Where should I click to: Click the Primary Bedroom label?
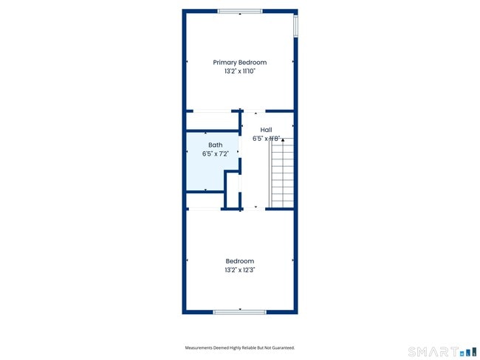(240, 63)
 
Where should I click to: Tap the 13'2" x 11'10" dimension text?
(240, 72)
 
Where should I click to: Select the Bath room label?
(215, 145)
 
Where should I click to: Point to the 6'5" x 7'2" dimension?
(215, 154)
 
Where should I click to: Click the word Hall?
(266, 130)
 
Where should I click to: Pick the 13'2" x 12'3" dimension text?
(240, 270)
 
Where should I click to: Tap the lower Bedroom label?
(240, 261)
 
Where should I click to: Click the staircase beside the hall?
(282, 173)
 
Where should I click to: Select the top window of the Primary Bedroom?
(239, 11)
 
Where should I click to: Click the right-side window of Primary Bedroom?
(295, 26)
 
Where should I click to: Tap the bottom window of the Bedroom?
(239, 312)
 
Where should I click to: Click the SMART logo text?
(431, 352)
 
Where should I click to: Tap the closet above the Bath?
(213, 121)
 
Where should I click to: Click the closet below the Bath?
(205, 200)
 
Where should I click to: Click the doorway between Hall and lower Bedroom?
(256, 209)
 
